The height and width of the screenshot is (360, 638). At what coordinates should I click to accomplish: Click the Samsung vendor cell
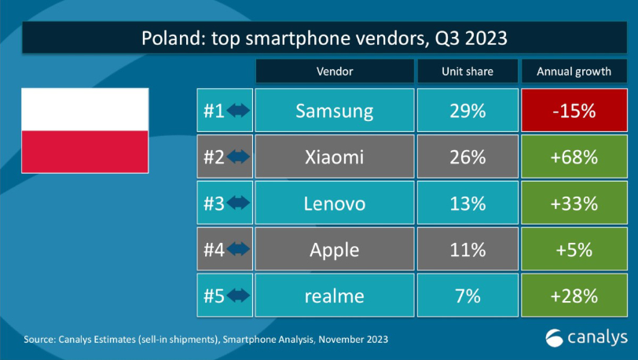coord(334,111)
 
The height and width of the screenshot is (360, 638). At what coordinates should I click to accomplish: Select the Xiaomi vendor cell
coord(334,157)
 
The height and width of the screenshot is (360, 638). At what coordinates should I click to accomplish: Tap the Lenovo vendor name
coord(334,204)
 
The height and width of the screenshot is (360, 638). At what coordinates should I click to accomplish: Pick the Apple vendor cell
coord(334,250)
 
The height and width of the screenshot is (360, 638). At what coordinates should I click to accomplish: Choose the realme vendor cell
coord(334,296)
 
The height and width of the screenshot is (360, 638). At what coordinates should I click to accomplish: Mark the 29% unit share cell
coord(467,111)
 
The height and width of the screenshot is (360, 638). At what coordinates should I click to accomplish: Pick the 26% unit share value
coord(467,157)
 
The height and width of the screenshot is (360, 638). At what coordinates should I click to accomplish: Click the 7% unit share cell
coord(467,296)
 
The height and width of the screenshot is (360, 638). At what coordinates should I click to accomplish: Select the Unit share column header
coord(467,72)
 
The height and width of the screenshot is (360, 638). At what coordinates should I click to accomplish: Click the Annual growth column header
coord(574,72)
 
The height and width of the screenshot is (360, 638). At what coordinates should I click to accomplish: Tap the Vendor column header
coord(334,72)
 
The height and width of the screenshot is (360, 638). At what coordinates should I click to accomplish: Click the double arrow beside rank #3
coord(238,204)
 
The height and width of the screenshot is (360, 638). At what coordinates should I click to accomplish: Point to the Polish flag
coord(84,130)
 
